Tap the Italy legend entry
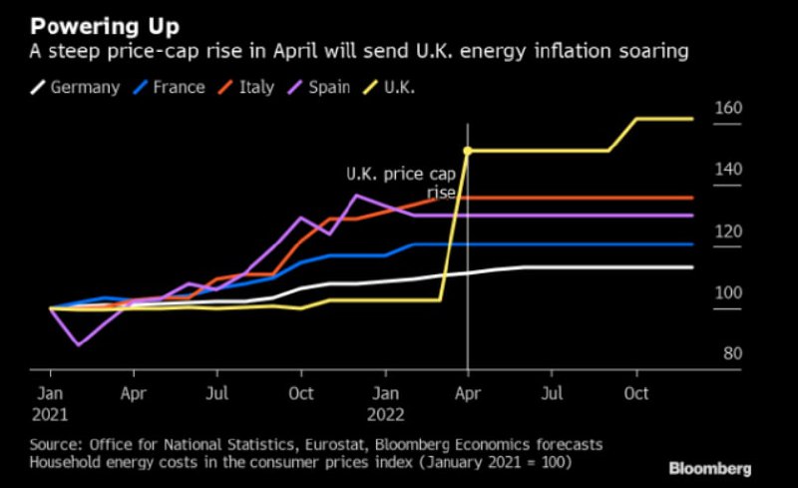250,87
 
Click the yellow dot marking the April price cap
467,151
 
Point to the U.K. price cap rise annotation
400,183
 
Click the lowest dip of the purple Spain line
78,345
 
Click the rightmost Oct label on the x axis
637,394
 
